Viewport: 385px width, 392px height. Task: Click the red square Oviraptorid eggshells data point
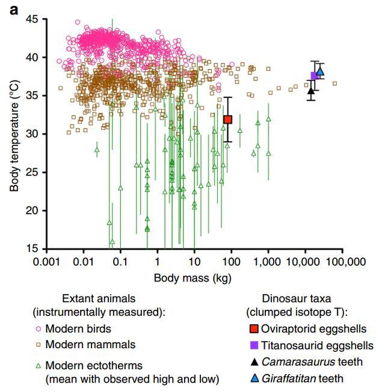tap(228, 119)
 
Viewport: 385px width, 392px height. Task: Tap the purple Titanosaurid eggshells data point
tap(314, 76)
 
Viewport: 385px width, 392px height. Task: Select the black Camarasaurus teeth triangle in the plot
tap(310, 91)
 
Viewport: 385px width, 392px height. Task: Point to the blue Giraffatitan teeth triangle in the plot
tap(320, 71)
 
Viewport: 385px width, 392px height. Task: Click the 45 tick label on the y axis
tap(31, 19)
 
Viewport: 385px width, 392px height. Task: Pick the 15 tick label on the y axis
tap(31, 249)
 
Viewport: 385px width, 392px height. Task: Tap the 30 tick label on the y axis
tap(31, 134)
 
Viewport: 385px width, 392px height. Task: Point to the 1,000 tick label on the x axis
tap(268, 262)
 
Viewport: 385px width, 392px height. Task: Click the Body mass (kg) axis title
tap(192, 278)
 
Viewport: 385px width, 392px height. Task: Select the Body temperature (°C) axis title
tap(14, 134)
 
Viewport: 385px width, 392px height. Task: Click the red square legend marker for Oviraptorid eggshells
tap(254, 329)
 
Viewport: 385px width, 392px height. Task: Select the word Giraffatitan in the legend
tap(289, 378)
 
